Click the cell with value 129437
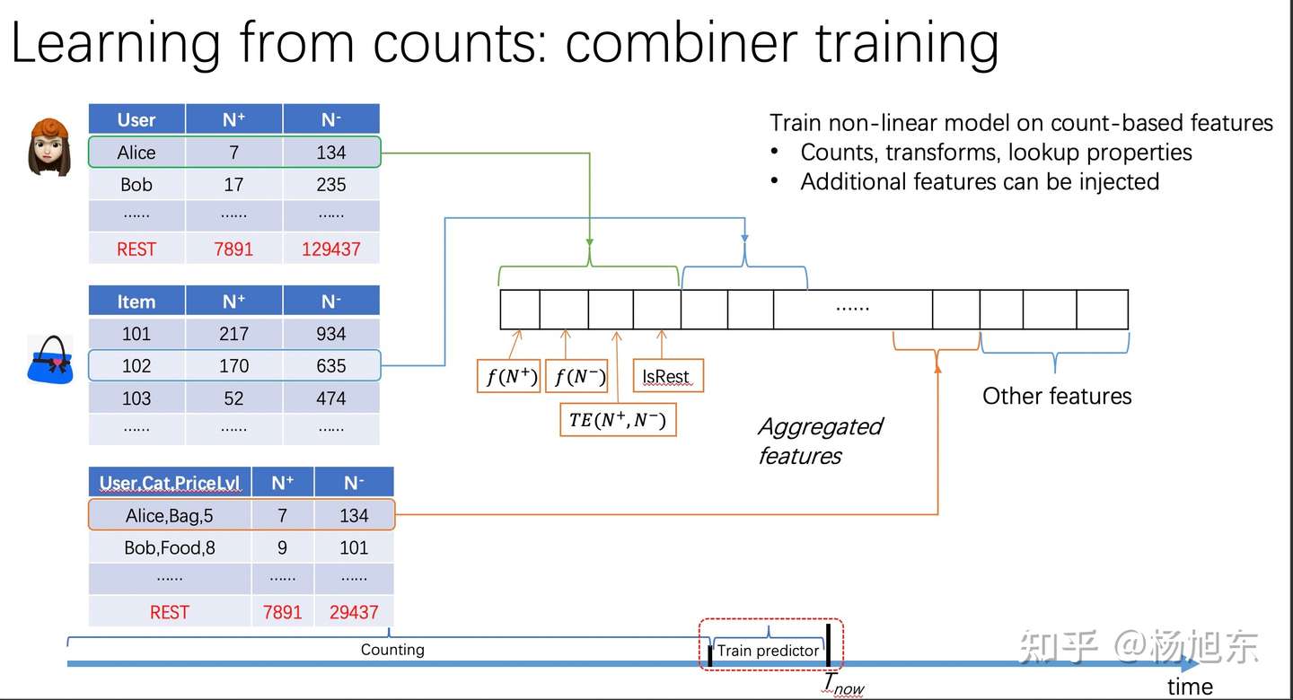click(x=330, y=249)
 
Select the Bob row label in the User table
click(x=136, y=185)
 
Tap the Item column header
click(x=136, y=302)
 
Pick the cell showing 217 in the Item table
click(x=233, y=334)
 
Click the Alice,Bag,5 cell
click(x=170, y=515)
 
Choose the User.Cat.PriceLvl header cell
click(x=170, y=483)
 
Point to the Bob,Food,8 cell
click(x=170, y=547)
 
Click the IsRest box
click(x=668, y=376)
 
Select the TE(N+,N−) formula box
click(x=618, y=419)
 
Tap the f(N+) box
click(x=508, y=376)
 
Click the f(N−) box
click(x=576, y=376)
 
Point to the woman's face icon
click(x=49, y=146)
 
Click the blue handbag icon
click(x=50, y=360)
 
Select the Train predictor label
click(x=768, y=651)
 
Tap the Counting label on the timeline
click(x=392, y=649)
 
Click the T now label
click(x=843, y=684)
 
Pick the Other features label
click(x=1057, y=396)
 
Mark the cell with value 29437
click(x=354, y=612)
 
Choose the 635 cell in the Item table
click(x=330, y=366)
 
